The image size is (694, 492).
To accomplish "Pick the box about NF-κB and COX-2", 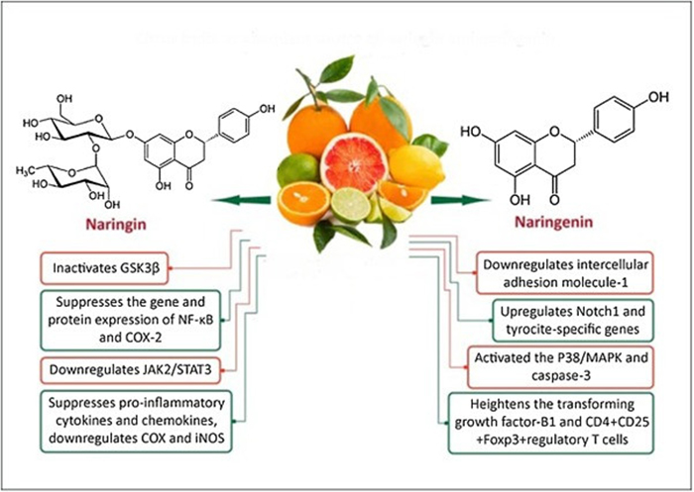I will click(132, 319).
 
